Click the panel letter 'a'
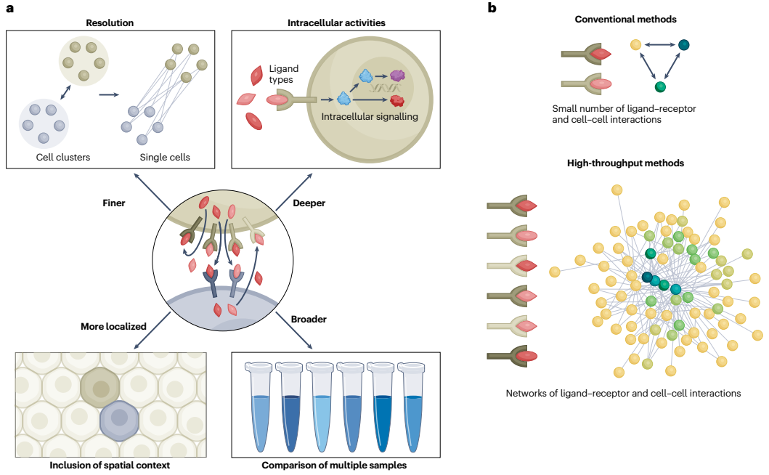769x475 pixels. pyautogui.click(x=10, y=8)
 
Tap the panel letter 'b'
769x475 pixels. pyautogui.click(x=492, y=7)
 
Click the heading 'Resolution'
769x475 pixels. pyautogui.click(x=110, y=23)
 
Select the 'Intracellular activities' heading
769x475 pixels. pyautogui.click(x=336, y=23)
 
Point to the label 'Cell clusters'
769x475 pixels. pyautogui.click(x=63, y=157)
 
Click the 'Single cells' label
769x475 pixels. pyautogui.click(x=165, y=157)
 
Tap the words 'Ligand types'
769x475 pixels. pyautogui.click(x=283, y=74)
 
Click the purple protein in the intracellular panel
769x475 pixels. pyautogui.click(x=398, y=76)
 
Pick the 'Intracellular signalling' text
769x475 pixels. pyautogui.click(x=370, y=116)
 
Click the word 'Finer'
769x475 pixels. pyautogui.click(x=114, y=203)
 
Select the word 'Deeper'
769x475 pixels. pyautogui.click(x=309, y=203)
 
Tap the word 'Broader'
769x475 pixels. pyautogui.click(x=309, y=319)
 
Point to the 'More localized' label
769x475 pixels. pyautogui.click(x=114, y=326)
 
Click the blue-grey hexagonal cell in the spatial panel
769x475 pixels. pyautogui.click(x=120, y=420)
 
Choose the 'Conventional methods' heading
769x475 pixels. pyautogui.click(x=626, y=19)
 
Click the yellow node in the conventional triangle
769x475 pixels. pyautogui.click(x=635, y=44)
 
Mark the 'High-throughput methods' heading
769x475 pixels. pyautogui.click(x=626, y=163)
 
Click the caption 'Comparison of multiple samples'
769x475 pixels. pyautogui.click(x=334, y=465)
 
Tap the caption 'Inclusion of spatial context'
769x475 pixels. pyautogui.click(x=110, y=465)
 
